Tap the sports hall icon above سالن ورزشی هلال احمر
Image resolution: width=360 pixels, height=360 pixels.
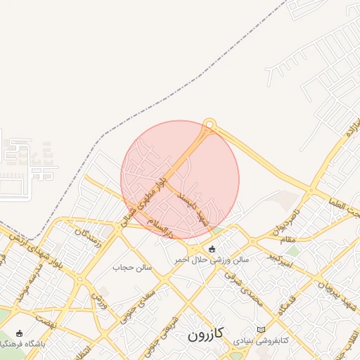pyautogui.click(x=212, y=248)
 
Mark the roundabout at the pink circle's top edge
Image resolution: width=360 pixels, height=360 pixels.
pyautogui.click(x=208, y=125)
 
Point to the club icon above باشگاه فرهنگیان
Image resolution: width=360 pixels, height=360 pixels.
pyautogui.click(x=18, y=333)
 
